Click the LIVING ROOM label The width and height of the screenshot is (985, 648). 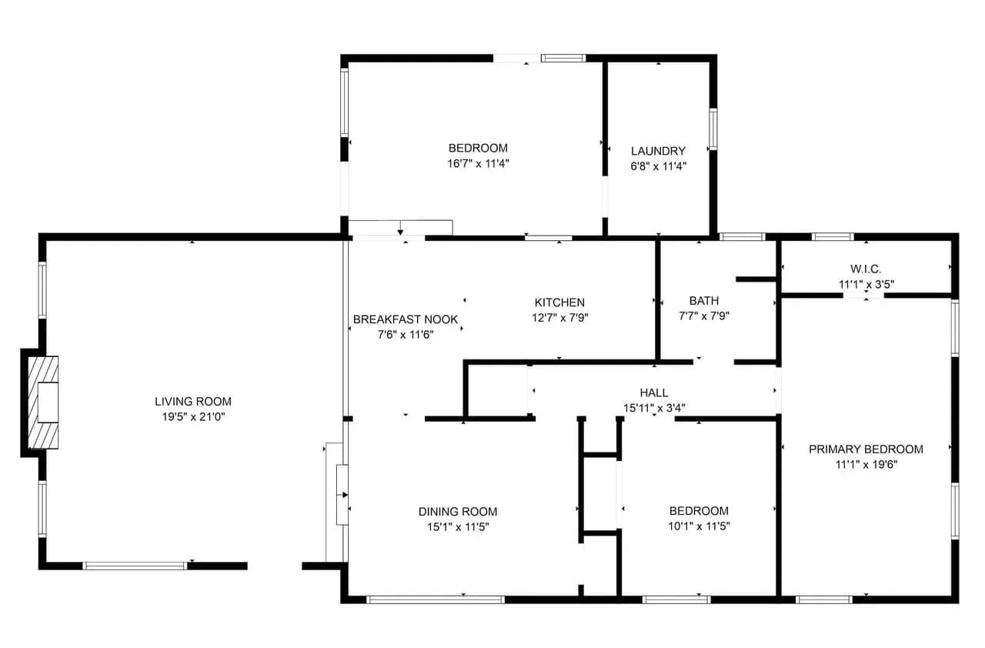tap(192, 402)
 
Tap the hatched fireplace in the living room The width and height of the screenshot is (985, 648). tap(43, 402)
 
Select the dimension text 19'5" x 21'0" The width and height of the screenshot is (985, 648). tap(193, 417)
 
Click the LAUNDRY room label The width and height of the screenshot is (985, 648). tap(658, 152)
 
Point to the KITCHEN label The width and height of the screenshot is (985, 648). tap(559, 302)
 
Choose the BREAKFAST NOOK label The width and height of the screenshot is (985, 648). tap(405, 319)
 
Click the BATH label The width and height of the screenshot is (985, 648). tap(704, 301)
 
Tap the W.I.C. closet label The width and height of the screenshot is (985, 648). tap(866, 269)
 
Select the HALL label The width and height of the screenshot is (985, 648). tap(654, 392)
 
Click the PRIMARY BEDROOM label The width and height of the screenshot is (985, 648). tap(866, 449)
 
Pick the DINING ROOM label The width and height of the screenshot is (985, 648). tap(458, 512)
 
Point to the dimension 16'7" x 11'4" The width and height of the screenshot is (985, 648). tap(478, 163)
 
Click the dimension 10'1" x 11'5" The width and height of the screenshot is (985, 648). tap(700, 526)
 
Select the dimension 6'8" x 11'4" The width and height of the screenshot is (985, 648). tap(658, 166)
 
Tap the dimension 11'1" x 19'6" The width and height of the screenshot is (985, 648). tap(866, 465)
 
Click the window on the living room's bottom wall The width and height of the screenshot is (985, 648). tap(135, 566)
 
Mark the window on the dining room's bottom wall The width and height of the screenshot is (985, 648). tap(436, 600)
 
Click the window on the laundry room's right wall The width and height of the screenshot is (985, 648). tap(713, 129)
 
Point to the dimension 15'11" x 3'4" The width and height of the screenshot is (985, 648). tap(654, 408)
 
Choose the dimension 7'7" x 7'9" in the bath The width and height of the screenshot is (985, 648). tap(704, 316)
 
